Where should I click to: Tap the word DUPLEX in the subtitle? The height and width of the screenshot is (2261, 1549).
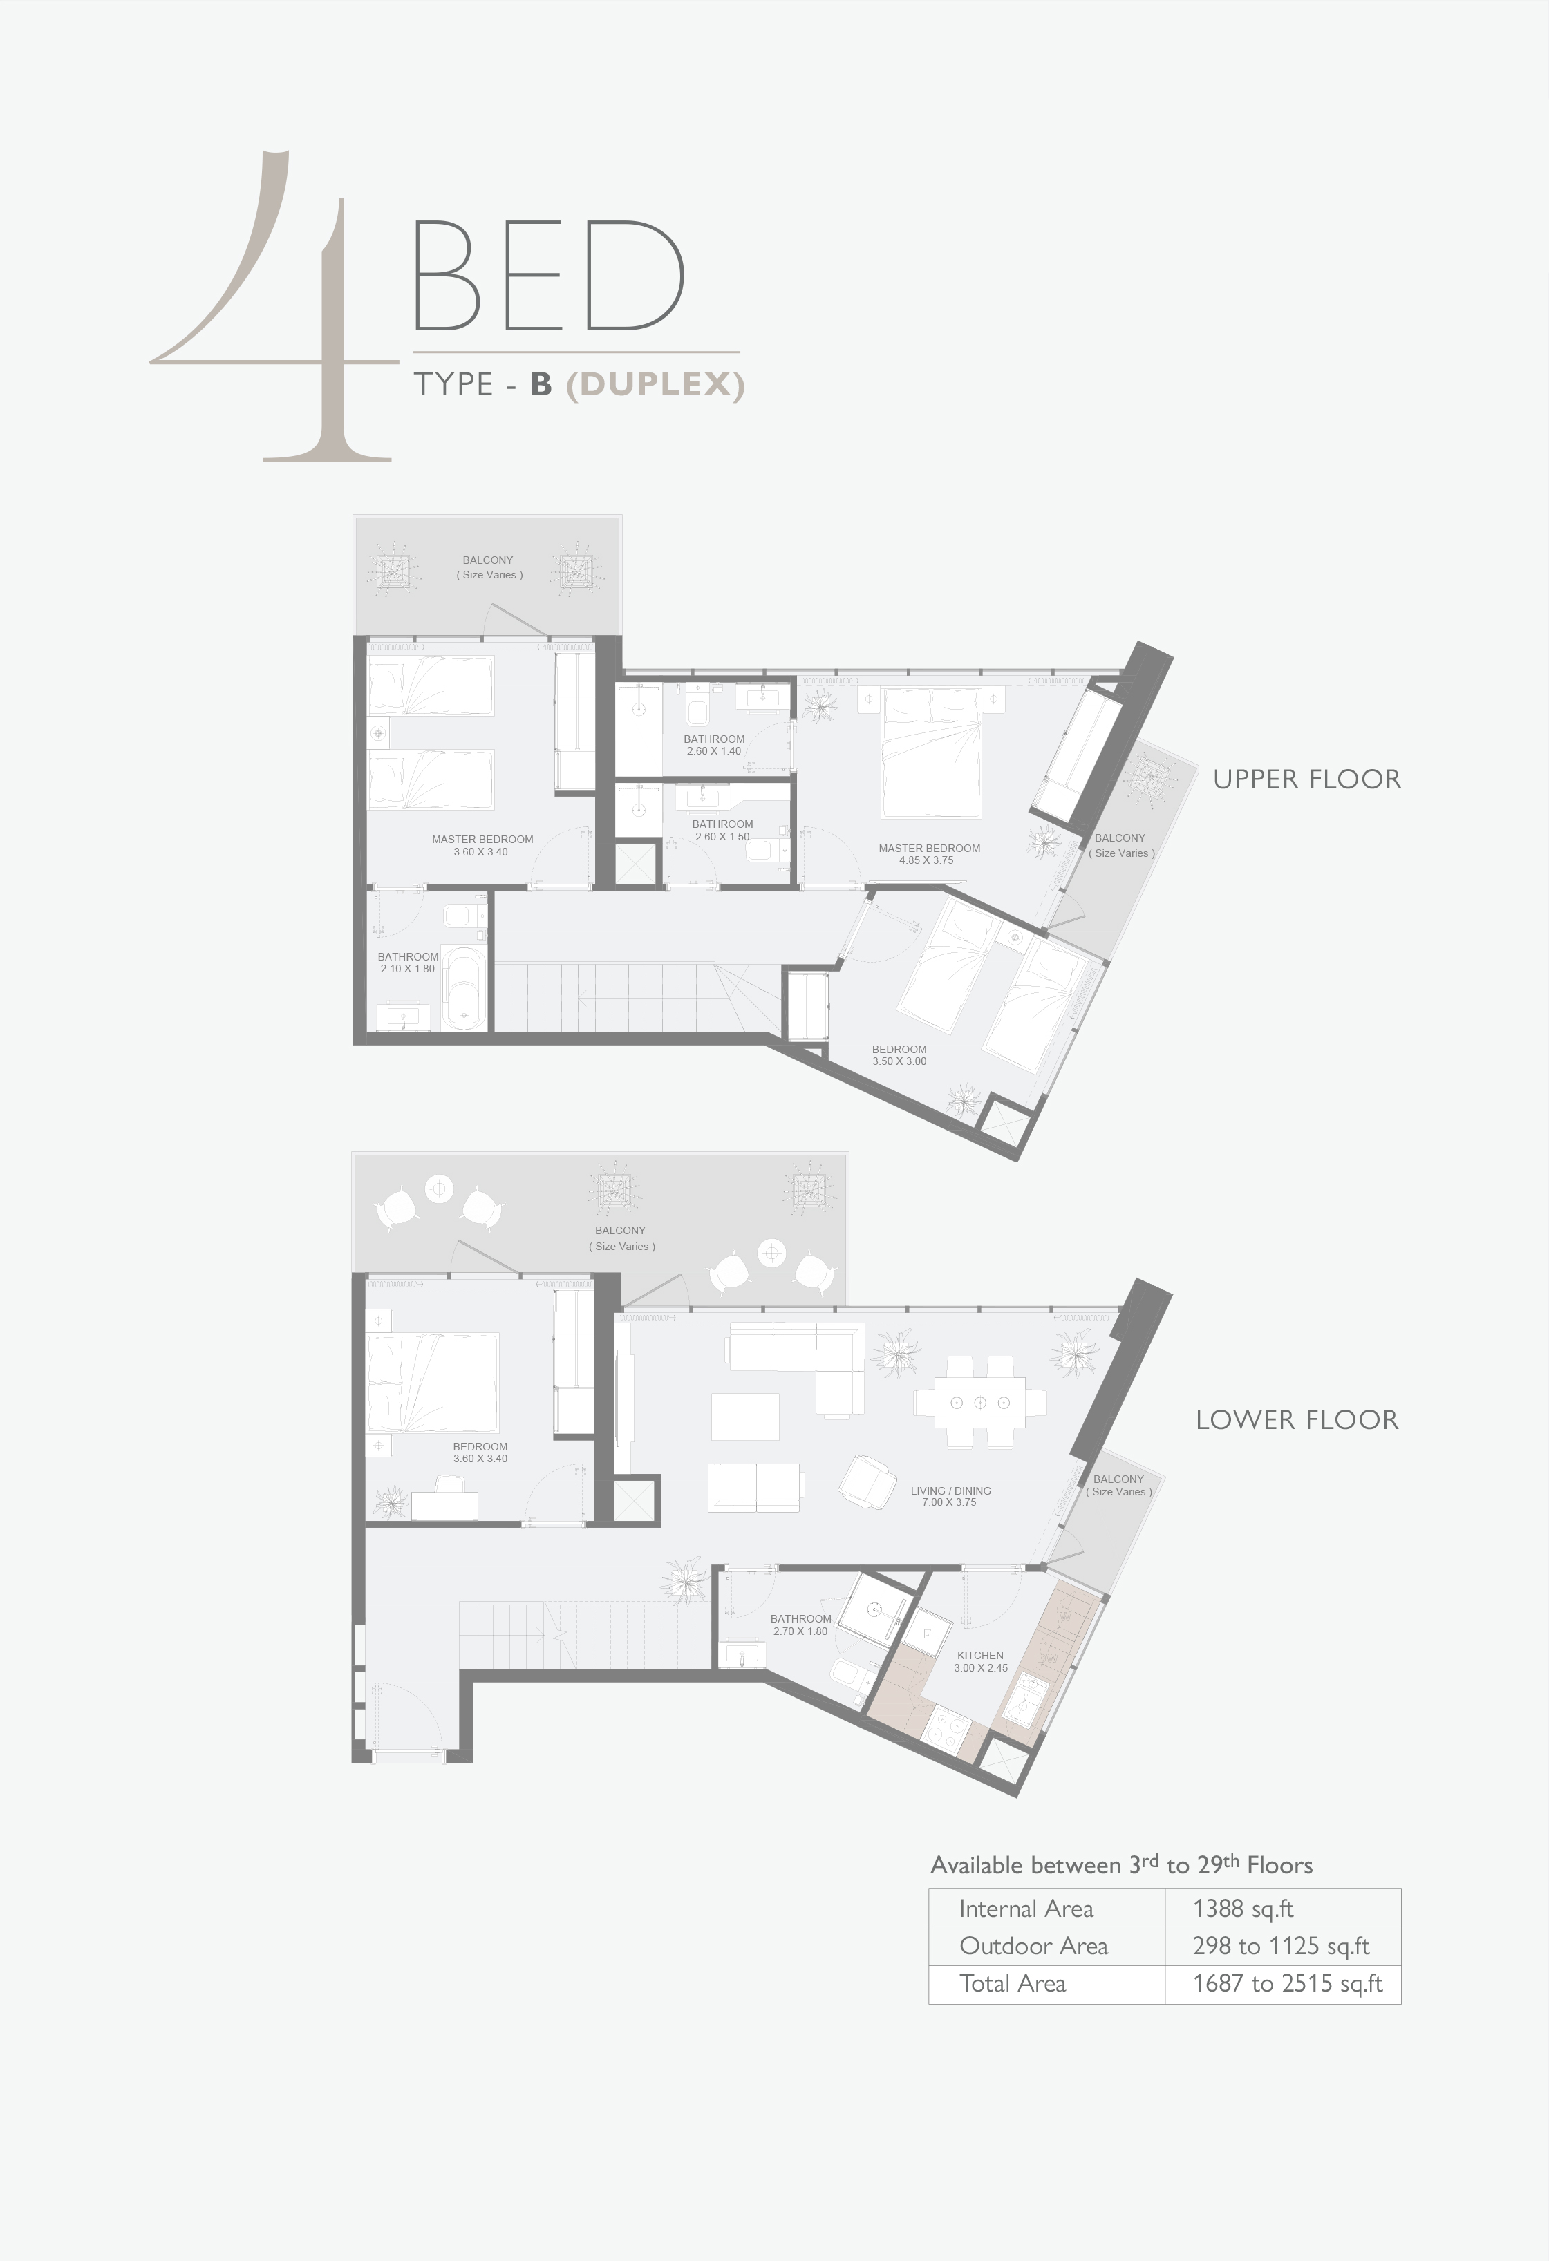(655, 384)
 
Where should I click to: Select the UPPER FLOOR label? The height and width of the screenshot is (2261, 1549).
(1306, 779)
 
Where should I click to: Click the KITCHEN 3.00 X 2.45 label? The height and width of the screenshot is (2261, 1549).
(980, 1661)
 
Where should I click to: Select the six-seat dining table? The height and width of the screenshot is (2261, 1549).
(980, 1402)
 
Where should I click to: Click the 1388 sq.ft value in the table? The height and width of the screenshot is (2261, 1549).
(1243, 1909)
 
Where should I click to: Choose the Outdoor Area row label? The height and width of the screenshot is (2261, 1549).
(1033, 1946)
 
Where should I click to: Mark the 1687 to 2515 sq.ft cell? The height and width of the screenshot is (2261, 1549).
(1287, 1984)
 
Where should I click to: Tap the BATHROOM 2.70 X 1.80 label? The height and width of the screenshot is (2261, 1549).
(801, 1625)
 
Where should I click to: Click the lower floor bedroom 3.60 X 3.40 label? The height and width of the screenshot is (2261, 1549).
(480, 1453)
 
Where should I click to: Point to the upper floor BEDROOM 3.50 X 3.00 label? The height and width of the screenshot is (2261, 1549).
(899, 1056)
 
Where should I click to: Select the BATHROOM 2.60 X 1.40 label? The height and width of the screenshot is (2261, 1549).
(714, 745)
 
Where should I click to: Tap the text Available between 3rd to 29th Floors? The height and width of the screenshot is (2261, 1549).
(1121, 1864)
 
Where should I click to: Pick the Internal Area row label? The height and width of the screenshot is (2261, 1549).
(1026, 1909)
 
